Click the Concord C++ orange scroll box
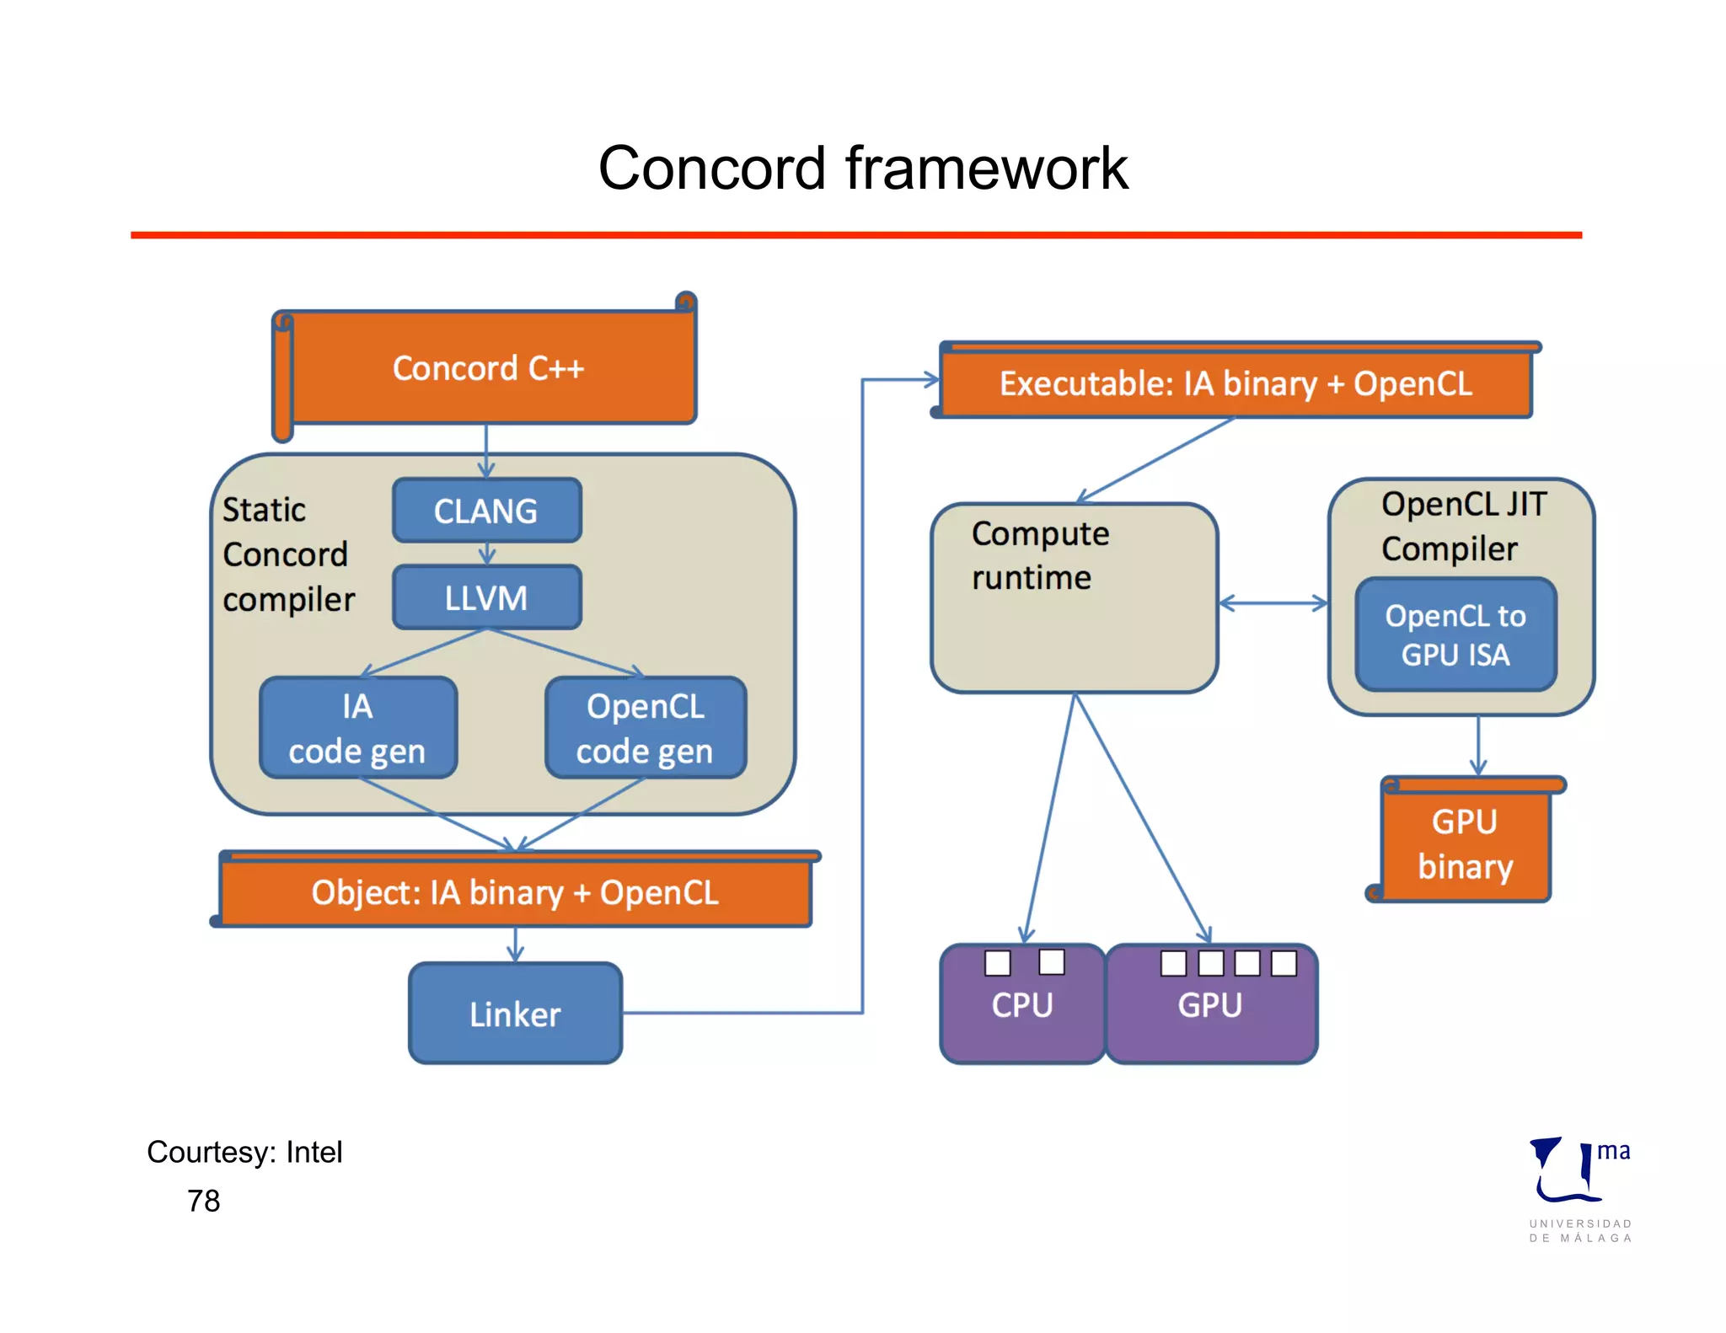[487, 368]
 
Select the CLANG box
[486, 511]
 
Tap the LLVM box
[486, 597]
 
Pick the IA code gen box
[357, 728]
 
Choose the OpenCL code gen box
[645, 728]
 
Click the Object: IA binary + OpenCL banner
[515, 892]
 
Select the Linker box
[515, 1014]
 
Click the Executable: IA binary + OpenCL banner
[1236, 383]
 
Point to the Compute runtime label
[1039, 555]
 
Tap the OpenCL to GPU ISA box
[1455, 634]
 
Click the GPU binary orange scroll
[1466, 843]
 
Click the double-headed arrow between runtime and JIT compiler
[1273, 603]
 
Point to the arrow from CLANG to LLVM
[487, 554]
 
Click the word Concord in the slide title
[711, 168]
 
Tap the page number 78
[203, 1201]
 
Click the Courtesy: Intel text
[244, 1152]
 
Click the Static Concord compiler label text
[287, 554]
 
